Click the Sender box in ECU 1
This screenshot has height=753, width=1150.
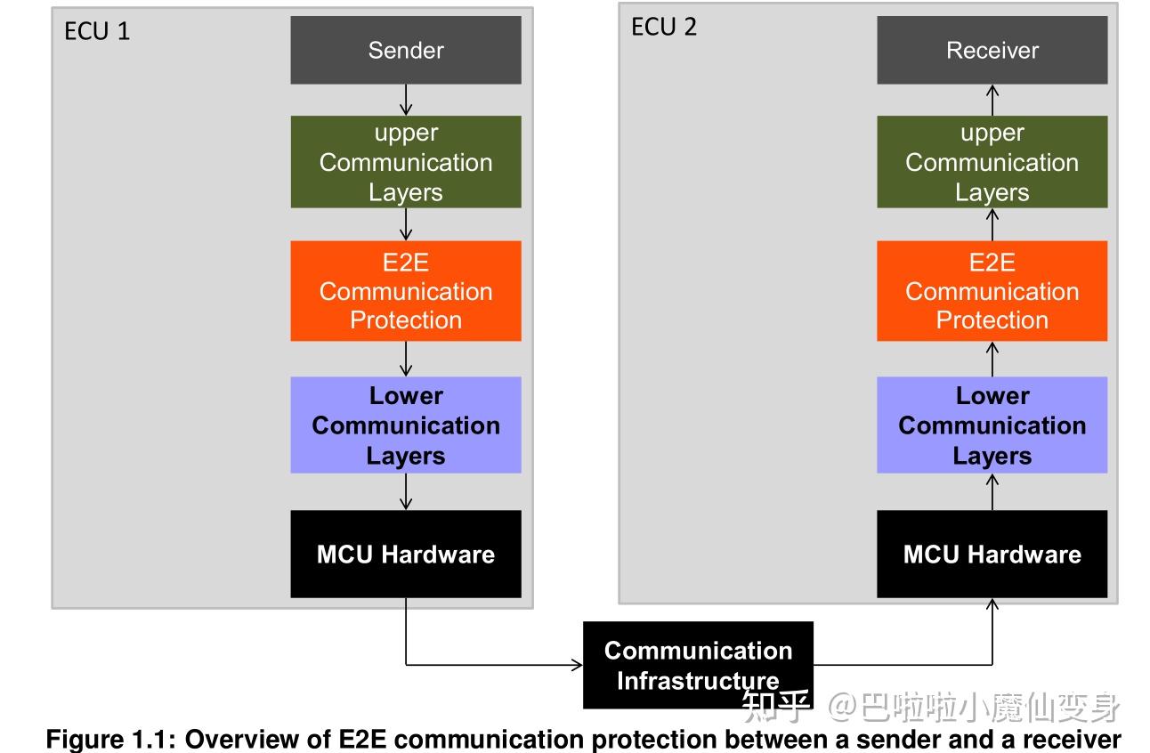(x=406, y=50)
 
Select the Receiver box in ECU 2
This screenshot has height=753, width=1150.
(x=992, y=50)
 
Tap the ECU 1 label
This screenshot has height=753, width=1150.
(x=96, y=31)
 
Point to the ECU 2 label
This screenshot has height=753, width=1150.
(x=664, y=27)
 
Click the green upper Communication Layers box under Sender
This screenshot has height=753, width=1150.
(x=406, y=162)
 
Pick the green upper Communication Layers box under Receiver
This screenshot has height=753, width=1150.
(x=992, y=162)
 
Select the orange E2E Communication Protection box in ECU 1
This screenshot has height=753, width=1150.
(x=406, y=290)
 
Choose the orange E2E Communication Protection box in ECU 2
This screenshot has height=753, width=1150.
(x=992, y=290)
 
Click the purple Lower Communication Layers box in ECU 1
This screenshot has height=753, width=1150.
(x=406, y=425)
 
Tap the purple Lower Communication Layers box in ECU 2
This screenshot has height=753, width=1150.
(x=992, y=425)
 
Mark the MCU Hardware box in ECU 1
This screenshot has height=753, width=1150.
(x=406, y=554)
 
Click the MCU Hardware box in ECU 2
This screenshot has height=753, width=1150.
(x=992, y=554)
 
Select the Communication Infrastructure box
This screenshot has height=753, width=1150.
(x=698, y=665)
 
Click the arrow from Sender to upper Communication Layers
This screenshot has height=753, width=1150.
(x=406, y=100)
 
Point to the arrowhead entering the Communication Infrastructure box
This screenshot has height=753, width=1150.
(x=578, y=665)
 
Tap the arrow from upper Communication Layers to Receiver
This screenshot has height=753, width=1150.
(x=992, y=100)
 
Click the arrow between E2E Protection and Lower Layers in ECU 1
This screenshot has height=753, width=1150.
(x=406, y=359)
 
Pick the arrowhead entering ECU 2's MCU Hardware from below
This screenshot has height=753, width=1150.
(x=992, y=603)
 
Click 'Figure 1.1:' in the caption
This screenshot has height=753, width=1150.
(x=110, y=740)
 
